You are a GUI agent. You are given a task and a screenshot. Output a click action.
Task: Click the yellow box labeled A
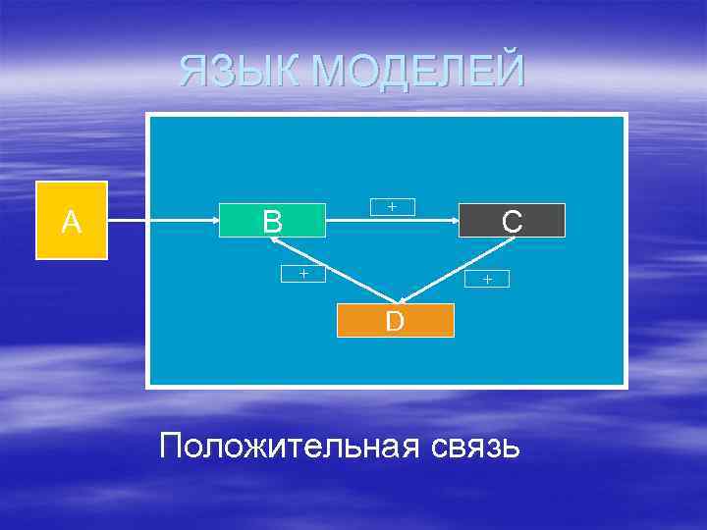pos(71,220)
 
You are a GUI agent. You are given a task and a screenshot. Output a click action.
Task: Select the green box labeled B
pos(272,220)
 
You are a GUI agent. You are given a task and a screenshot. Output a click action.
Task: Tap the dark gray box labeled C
pos(512,221)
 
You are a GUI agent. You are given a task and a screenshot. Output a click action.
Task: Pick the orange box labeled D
pos(395,320)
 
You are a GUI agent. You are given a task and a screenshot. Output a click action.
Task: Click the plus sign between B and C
pos(392,206)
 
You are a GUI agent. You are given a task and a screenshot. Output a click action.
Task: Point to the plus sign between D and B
pos(303,274)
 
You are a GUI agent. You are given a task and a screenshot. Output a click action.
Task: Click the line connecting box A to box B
pos(162,221)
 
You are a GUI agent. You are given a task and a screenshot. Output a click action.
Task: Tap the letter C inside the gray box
pos(512,221)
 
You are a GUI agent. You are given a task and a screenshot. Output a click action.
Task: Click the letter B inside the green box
pos(272,221)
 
